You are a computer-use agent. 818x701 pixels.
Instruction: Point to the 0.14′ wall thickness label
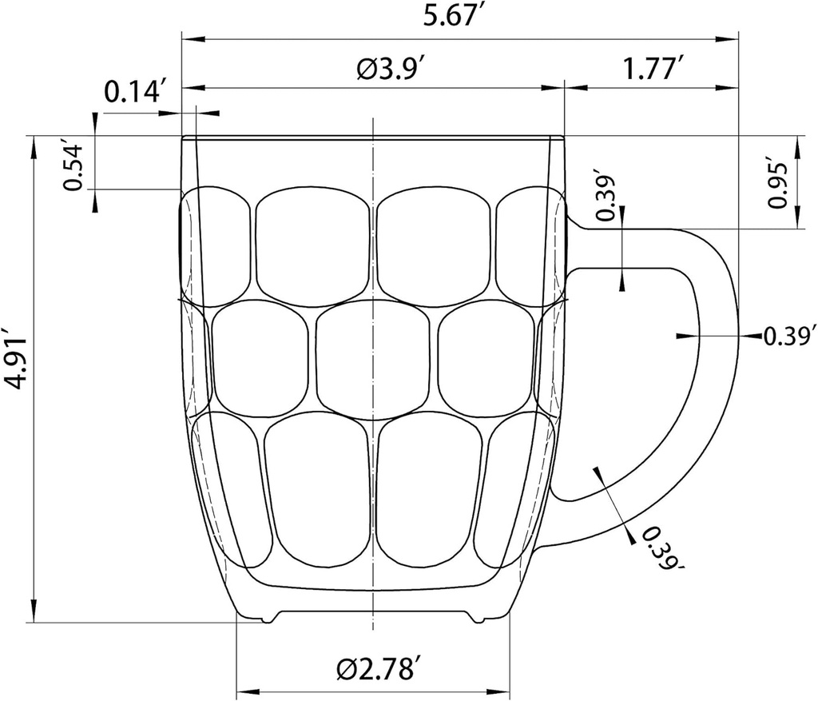135,93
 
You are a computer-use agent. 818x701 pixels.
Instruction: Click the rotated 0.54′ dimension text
74,167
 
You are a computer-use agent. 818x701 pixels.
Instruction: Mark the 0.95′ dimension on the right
778,185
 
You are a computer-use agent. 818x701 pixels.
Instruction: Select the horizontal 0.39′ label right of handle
790,336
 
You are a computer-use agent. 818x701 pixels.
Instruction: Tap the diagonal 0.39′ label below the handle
658,550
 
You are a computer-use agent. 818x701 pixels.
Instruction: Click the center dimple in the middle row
372,360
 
